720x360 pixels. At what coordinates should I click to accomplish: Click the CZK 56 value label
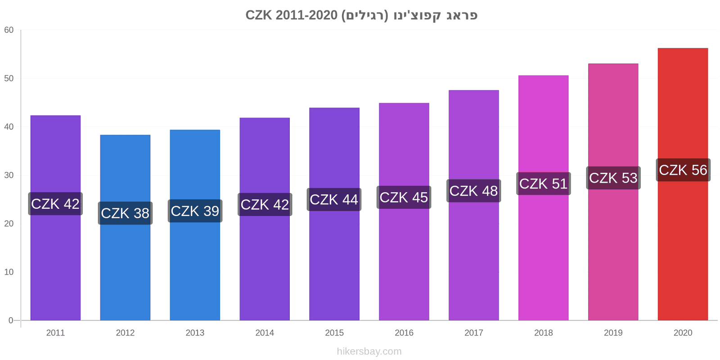tap(683, 170)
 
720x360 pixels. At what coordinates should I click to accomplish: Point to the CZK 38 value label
tap(125, 213)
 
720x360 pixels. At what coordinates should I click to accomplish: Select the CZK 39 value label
tap(195, 211)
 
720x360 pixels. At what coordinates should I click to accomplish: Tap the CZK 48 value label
tap(473, 191)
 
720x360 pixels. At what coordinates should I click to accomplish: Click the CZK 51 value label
tap(543, 184)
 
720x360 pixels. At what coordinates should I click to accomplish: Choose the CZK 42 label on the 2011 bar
tap(55, 204)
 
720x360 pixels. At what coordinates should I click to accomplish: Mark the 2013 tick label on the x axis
tap(195, 333)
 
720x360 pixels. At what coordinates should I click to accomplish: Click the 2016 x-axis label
tap(404, 333)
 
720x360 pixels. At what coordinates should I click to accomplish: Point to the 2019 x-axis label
tap(613, 333)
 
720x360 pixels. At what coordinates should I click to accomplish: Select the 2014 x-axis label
tap(265, 333)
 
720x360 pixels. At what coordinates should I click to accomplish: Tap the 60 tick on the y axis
tap(9, 30)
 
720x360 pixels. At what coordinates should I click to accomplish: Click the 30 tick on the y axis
tap(9, 175)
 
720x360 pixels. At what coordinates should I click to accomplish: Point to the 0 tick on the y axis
tap(11, 320)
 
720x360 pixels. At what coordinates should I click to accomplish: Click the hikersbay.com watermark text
tap(369, 351)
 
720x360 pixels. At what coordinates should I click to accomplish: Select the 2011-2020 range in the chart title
tap(306, 15)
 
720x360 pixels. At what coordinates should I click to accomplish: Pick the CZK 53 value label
tap(613, 178)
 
